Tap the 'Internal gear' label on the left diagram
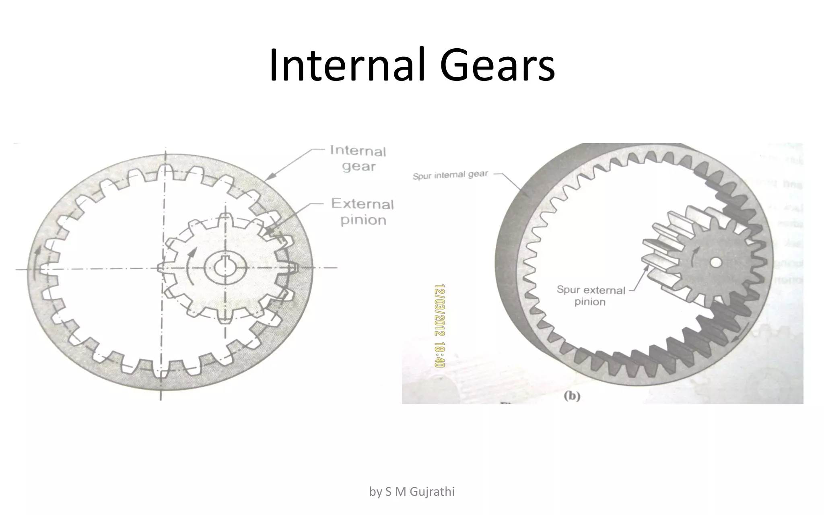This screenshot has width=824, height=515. (358, 159)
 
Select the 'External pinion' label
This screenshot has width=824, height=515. (363, 212)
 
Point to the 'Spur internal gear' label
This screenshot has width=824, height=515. (450, 175)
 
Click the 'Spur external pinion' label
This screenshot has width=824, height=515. (591, 296)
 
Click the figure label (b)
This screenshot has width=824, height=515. (571, 396)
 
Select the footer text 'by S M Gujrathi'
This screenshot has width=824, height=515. (412, 492)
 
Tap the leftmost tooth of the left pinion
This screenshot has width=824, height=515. (161, 268)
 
